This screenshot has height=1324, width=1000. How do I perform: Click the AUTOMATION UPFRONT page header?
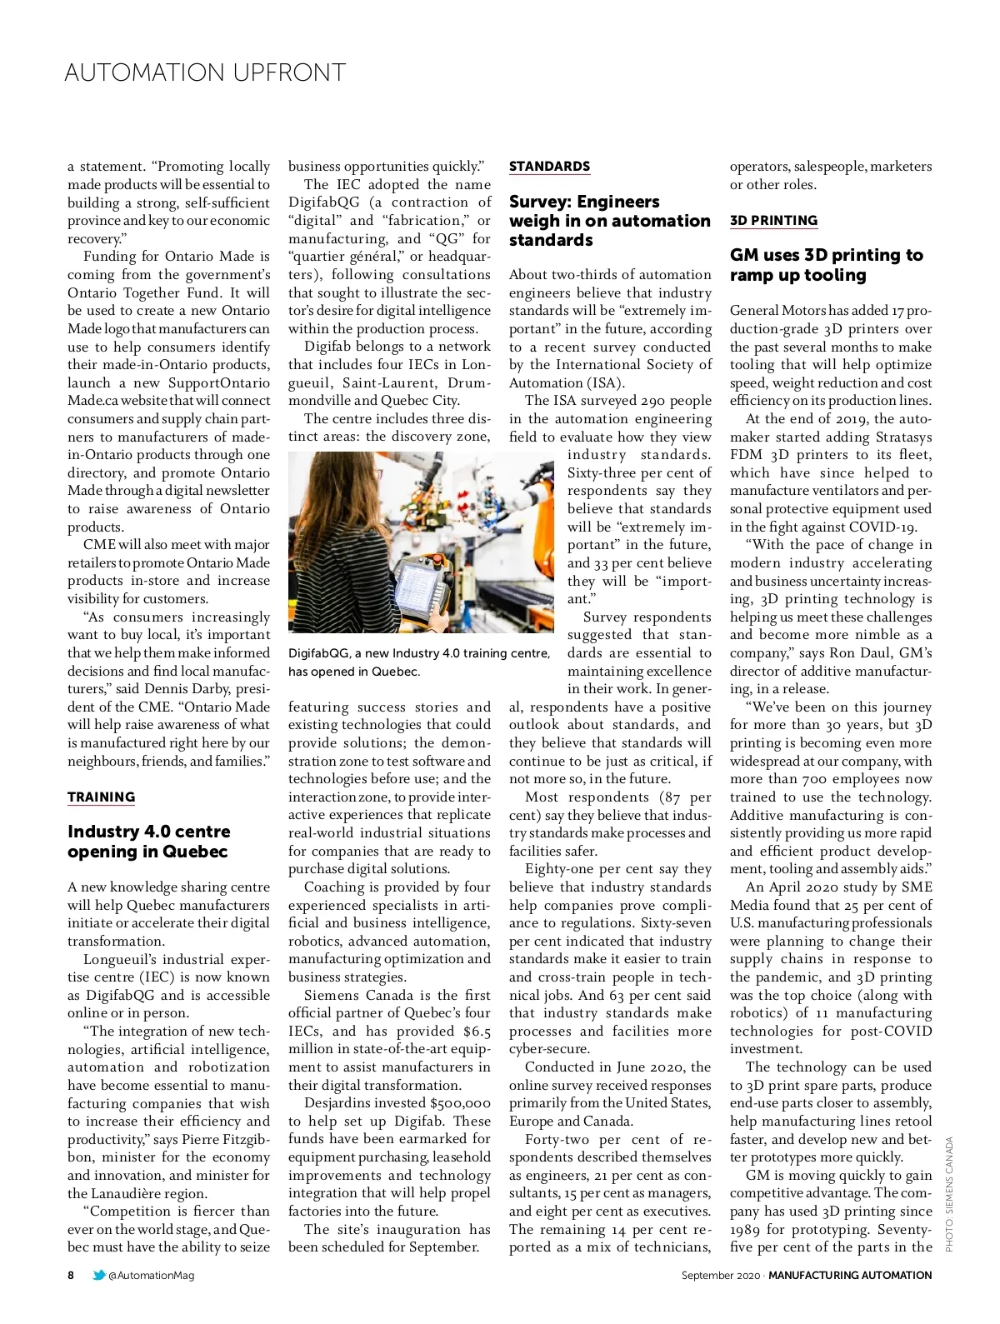[x=205, y=72]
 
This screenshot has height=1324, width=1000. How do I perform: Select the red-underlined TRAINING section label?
[x=101, y=797]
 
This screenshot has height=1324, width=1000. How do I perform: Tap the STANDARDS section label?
[x=549, y=167]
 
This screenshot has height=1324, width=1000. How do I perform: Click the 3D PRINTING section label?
[x=773, y=221]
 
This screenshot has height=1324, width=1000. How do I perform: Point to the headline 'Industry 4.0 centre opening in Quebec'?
[x=149, y=842]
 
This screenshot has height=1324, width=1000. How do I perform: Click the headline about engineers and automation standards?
[x=609, y=221]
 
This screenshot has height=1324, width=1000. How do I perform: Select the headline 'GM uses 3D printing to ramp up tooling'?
[x=826, y=265]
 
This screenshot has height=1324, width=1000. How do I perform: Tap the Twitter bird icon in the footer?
[x=99, y=1275]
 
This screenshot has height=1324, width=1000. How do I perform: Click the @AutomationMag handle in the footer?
[x=152, y=1275]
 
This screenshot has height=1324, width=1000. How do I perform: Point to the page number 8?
[x=71, y=1275]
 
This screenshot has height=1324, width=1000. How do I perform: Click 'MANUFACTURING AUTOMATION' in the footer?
[x=850, y=1275]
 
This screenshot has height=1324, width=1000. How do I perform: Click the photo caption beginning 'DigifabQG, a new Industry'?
[x=418, y=662]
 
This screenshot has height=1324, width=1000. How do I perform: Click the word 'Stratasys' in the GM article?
[x=903, y=437]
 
